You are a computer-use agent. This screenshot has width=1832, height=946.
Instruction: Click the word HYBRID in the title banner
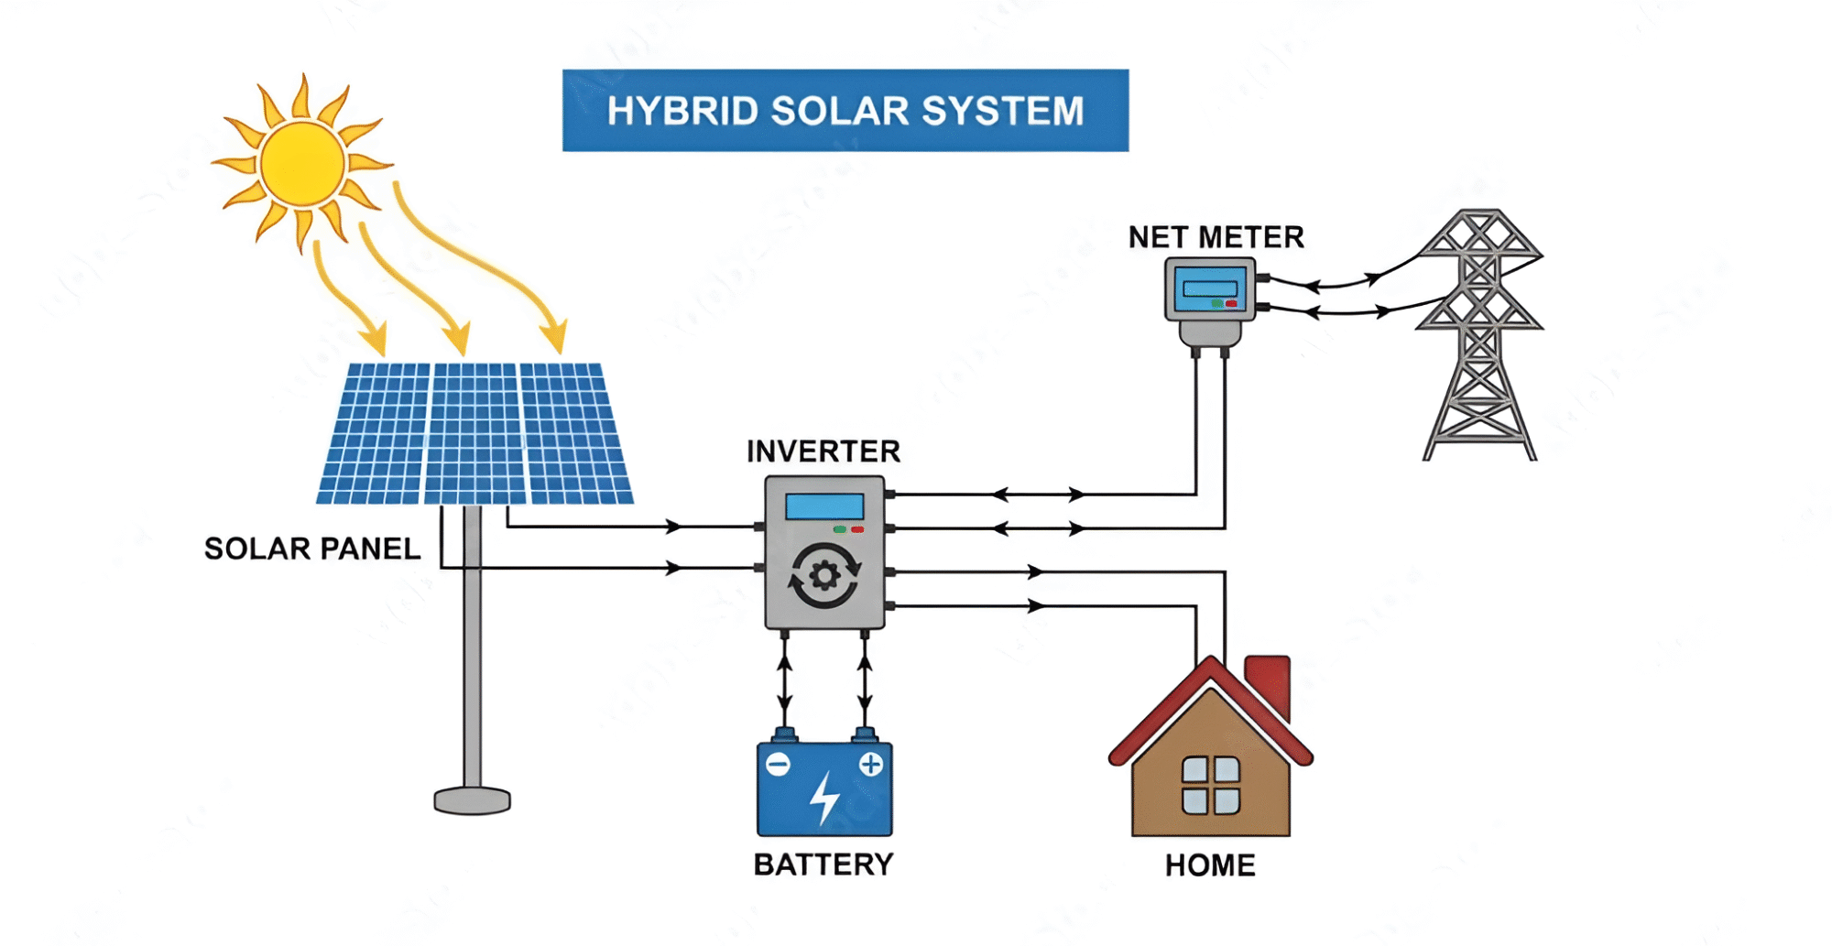pyautogui.click(x=682, y=111)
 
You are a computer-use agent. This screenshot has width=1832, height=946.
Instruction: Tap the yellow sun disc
pyautogui.click(x=302, y=164)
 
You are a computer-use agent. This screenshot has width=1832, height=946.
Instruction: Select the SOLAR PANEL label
pyautogui.click(x=311, y=549)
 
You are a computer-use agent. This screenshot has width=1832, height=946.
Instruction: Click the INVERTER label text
pyautogui.click(x=823, y=451)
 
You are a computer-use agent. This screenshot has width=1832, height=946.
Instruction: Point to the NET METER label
pyautogui.click(x=1216, y=237)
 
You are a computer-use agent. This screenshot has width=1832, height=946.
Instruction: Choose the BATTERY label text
pyautogui.click(x=823, y=864)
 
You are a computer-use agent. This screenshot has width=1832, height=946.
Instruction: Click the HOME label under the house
pyautogui.click(x=1209, y=865)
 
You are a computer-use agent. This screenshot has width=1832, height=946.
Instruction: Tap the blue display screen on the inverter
pyautogui.click(x=824, y=506)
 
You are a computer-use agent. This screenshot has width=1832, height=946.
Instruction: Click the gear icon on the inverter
pyautogui.click(x=824, y=576)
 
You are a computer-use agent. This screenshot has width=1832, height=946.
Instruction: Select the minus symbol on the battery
pyautogui.click(x=778, y=765)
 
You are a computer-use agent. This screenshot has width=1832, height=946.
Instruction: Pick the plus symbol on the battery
pyautogui.click(x=870, y=764)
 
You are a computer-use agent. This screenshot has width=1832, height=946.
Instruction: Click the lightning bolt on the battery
pyautogui.click(x=824, y=798)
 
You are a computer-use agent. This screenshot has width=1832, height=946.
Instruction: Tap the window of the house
pyautogui.click(x=1210, y=785)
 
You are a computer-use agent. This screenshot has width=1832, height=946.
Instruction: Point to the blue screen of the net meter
pyautogui.click(x=1209, y=288)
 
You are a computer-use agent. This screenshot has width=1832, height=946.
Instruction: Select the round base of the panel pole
pyautogui.click(x=472, y=801)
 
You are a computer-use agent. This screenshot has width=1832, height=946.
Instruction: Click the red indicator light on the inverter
pyautogui.click(x=857, y=529)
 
